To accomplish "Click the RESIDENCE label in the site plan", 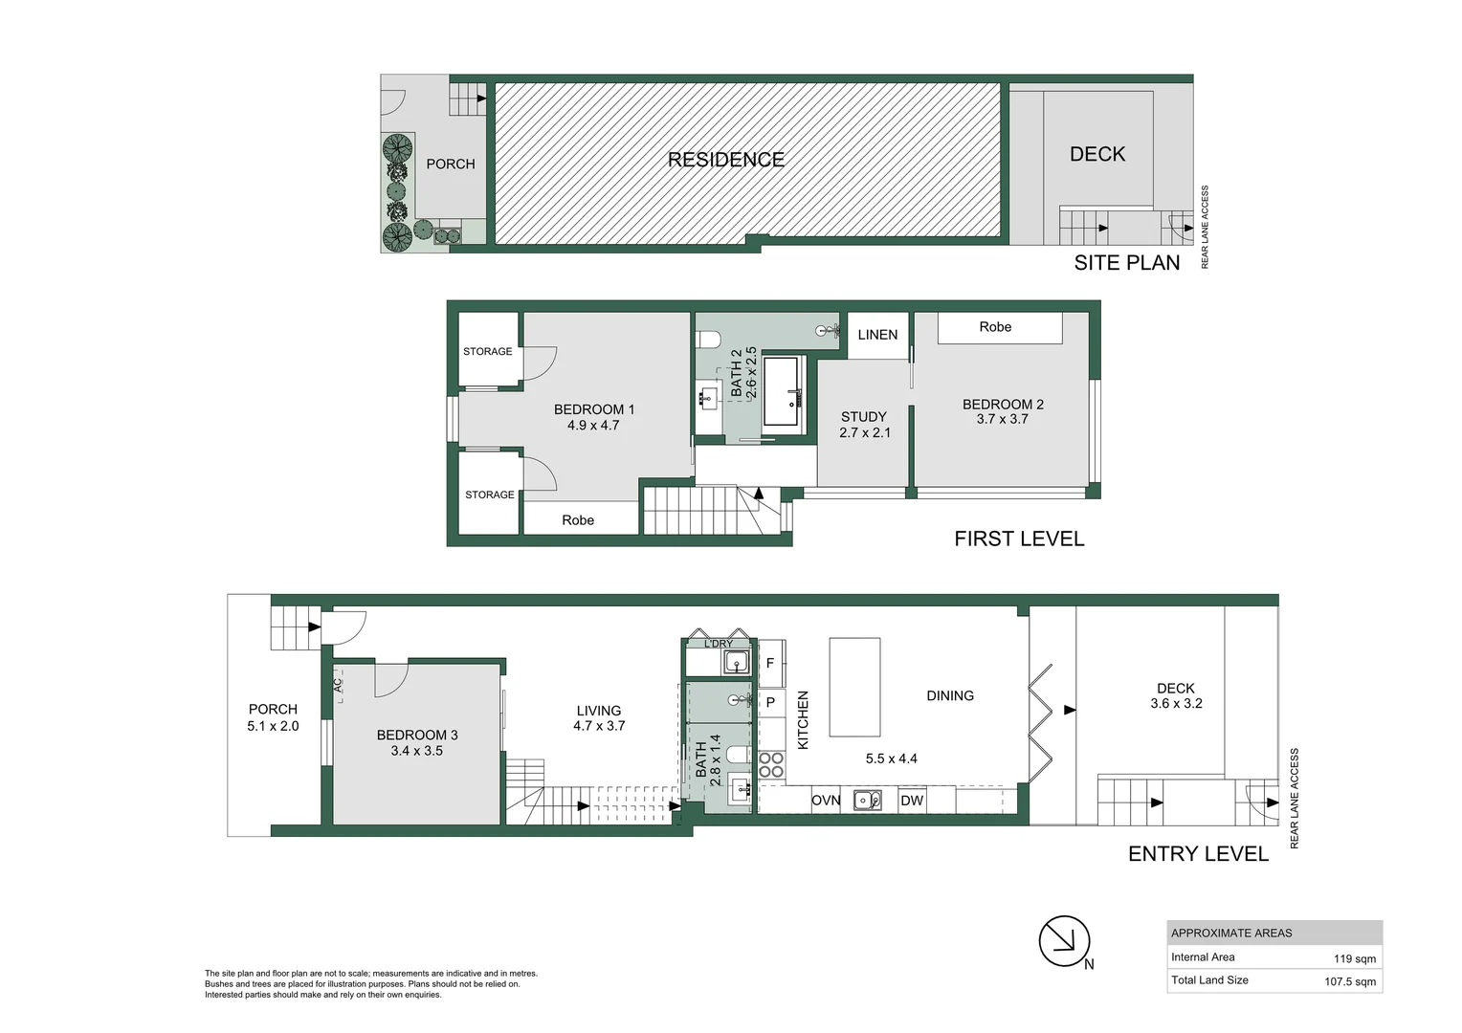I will click(725, 160).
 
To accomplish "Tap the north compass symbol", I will click(1065, 942).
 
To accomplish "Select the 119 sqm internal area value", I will click(1354, 958).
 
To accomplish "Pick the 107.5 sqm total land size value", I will click(1349, 981).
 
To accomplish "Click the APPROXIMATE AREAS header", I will click(1230, 933).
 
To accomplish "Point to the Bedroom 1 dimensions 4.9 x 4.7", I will click(593, 426).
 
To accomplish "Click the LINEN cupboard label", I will click(877, 335).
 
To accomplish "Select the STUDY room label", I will click(863, 417).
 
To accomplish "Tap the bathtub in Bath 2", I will click(784, 392).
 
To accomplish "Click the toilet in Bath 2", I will click(708, 340).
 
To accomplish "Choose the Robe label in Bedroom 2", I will click(995, 327).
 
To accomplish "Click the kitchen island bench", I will click(853, 687).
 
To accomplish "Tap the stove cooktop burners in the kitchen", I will click(771, 765).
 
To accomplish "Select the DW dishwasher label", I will click(912, 801).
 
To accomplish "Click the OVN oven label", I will click(826, 801).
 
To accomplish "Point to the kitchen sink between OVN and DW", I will click(868, 800).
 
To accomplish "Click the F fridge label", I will click(770, 663).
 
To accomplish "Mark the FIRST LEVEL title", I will click(1019, 538).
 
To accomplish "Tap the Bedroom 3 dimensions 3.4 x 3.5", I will click(416, 751).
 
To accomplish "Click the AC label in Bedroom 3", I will click(338, 684).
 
